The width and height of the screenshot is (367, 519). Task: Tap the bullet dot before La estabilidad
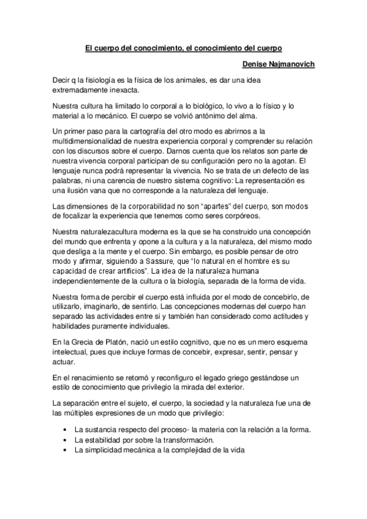click(x=65, y=441)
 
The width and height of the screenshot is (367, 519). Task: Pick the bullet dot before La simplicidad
click(x=65, y=450)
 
